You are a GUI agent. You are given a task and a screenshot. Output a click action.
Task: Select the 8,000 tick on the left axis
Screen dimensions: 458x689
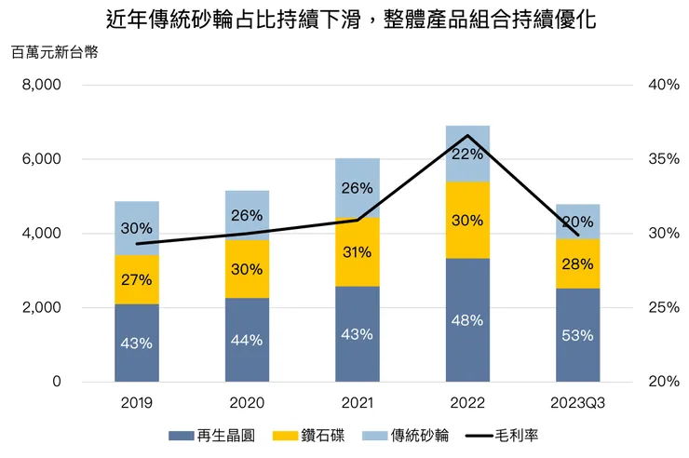click(x=41, y=85)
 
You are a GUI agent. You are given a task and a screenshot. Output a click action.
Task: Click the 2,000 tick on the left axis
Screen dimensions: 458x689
click(x=41, y=307)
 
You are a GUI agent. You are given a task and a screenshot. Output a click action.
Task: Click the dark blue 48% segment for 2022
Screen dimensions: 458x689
click(x=467, y=320)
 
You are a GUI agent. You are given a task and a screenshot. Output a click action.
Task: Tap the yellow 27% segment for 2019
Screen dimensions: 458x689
click(x=137, y=279)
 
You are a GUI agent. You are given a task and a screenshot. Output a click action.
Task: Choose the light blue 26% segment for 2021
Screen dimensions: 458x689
click(x=358, y=187)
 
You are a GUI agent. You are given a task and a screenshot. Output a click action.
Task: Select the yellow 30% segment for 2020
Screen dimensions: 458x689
click(x=247, y=269)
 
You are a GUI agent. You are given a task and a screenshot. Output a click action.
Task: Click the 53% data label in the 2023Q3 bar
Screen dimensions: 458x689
click(x=577, y=336)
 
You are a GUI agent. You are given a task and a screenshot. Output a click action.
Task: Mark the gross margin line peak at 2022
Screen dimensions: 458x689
click(x=467, y=136)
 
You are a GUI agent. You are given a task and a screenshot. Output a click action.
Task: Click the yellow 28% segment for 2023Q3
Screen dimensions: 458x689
click(x=577, y=263)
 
